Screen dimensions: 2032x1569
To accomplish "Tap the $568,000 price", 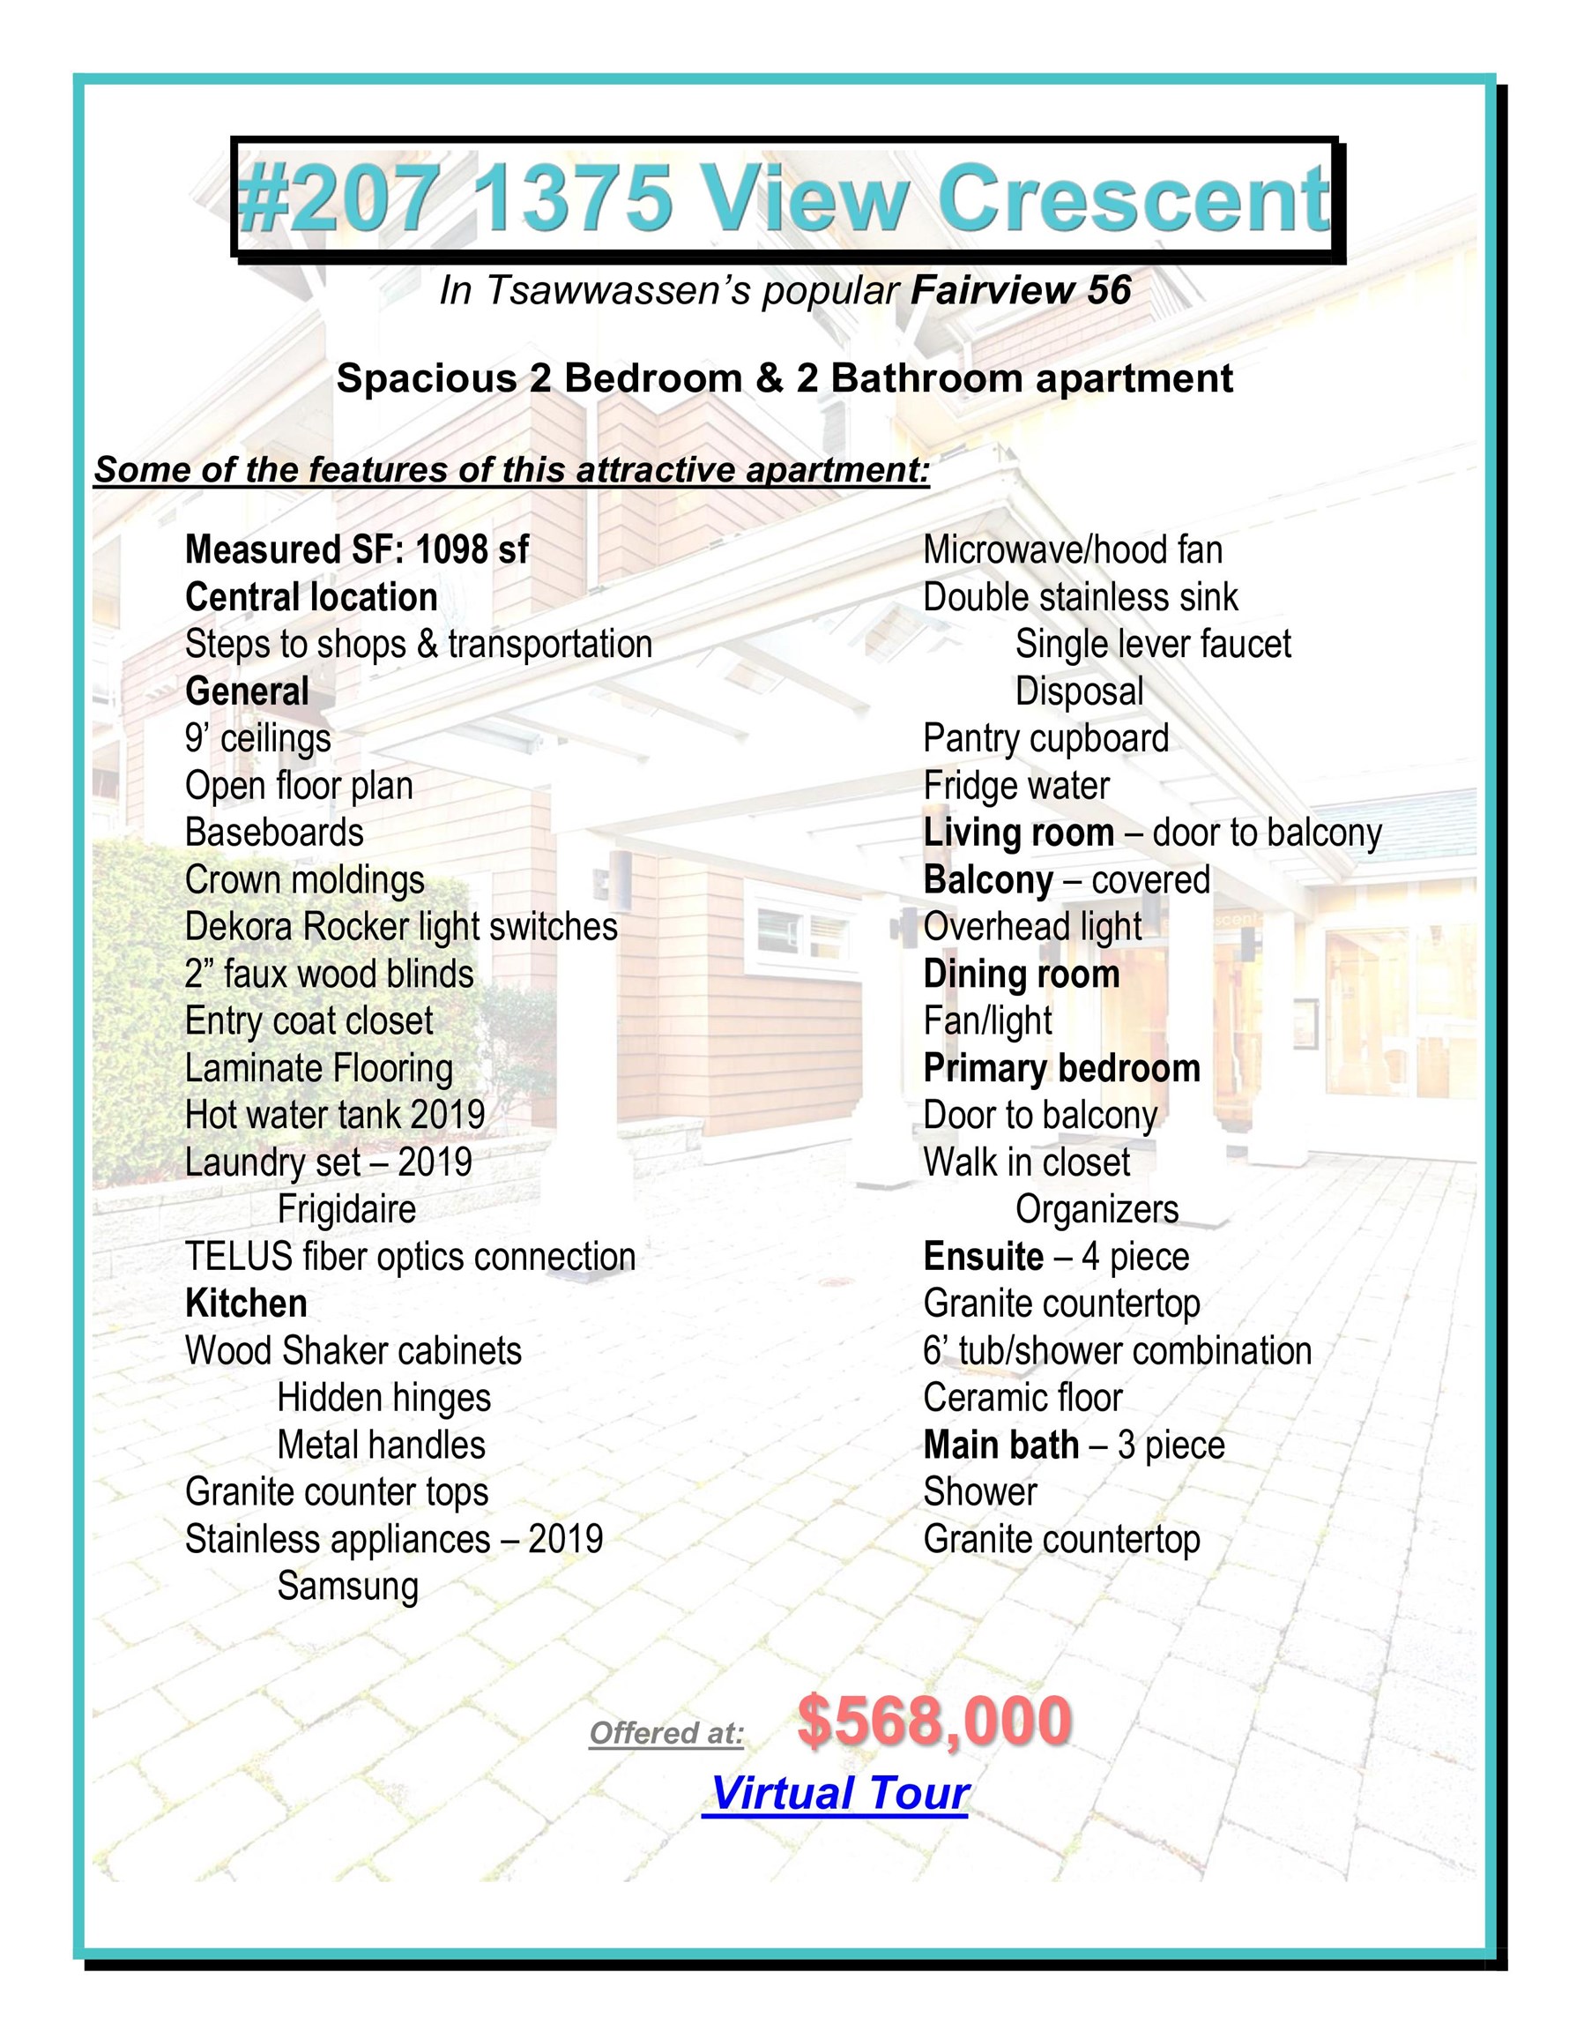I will click(x=933, y=1721).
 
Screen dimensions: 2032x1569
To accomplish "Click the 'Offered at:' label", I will click(x=666, y=1732).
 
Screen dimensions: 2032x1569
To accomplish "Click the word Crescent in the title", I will click(x=1134, y=199).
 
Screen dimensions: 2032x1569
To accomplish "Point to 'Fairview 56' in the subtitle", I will click(x=1020, y=291).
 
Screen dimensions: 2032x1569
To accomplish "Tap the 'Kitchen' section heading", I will click(x=246, y=1304).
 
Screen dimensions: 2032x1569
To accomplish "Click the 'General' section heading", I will click(x=247, y=691).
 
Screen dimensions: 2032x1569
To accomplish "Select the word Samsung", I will click(x=347, y=1587).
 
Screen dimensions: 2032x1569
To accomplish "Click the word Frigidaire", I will click(x=346, y=1209).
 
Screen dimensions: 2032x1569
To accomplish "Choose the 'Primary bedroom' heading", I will click(x=1061, y=1068).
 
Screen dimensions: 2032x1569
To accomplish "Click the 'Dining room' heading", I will click(x=1022, y=975).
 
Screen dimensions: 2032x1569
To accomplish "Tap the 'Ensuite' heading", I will click(x=983, y=1257).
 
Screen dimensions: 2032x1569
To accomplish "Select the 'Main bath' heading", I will click(x=1000, y=1445).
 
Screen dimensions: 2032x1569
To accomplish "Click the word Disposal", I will click(x=1079, y=691).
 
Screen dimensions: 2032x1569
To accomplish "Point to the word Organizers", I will click(x=1097, y=1209).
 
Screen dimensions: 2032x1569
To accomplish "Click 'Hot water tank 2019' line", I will click(x=335, y=1115).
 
